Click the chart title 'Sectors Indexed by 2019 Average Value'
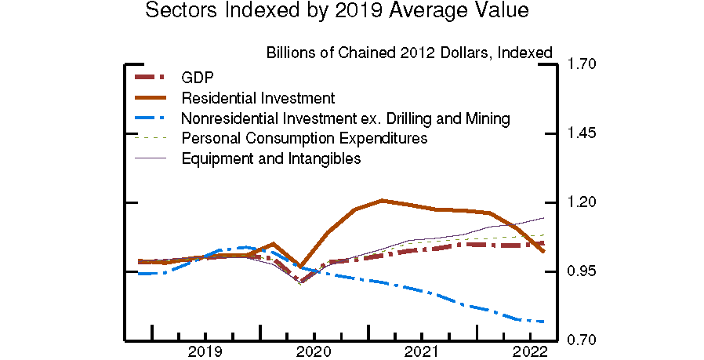[337, 12]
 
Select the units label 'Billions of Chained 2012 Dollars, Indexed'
[409, 53]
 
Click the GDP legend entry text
[197, 77]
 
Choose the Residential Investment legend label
[258, 98]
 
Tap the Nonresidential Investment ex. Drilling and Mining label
[346, 118]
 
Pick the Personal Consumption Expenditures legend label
[304, 138]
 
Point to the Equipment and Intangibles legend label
[270, 158]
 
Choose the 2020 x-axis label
[314, 351]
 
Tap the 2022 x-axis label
[529, 351]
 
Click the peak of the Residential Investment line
[382, 200]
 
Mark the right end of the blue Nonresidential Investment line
[544, 322]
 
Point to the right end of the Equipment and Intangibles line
[544, 217]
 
